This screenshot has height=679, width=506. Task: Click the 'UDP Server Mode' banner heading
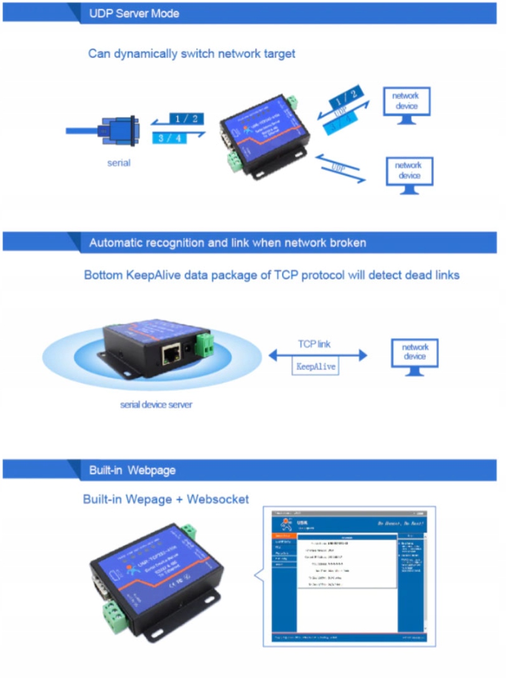click(134, 13)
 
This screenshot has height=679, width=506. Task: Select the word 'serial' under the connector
click(118, 163)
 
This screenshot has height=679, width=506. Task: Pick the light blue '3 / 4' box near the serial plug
click(169, 138)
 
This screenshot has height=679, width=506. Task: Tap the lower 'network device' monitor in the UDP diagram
click(409, 173)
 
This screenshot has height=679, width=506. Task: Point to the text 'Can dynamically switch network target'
click(192, 54)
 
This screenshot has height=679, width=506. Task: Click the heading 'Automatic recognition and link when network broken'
click(227, 243)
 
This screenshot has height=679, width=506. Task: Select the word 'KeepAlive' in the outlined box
click(316, 367)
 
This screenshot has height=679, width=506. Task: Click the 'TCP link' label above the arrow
click(315, 344)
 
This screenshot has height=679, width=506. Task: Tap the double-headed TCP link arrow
click(317, 355)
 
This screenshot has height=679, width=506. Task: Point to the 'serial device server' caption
click(156, 405)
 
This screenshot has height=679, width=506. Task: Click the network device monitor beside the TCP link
click(415, 355)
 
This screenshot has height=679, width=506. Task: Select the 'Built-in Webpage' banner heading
click(132, 471)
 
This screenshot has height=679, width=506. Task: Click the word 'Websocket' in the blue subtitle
click(218, 499)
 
